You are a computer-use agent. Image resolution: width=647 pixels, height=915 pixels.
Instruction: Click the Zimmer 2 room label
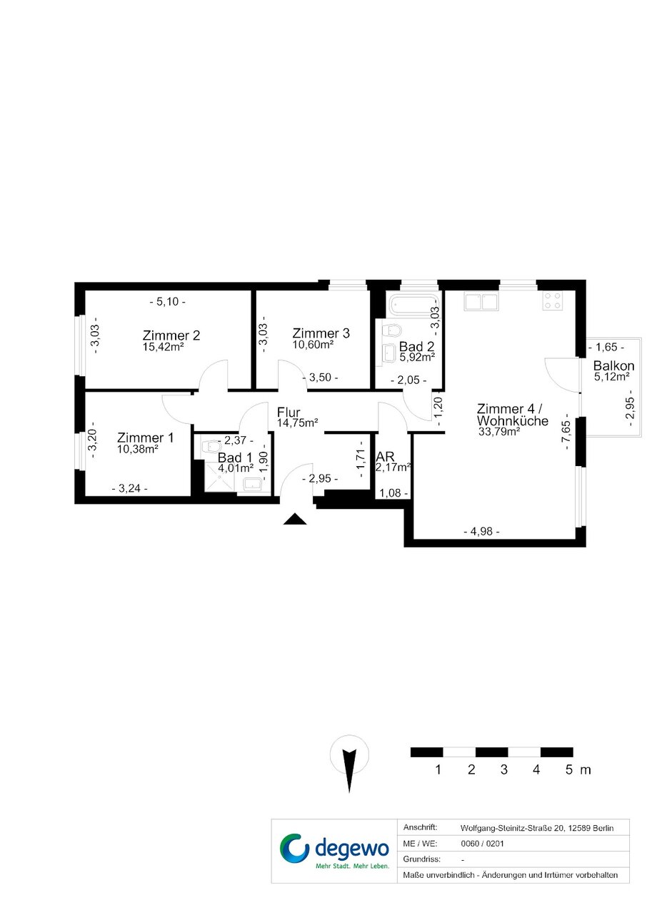click(x=171, y=335)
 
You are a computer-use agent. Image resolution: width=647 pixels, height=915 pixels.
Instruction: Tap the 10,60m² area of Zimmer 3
click(x=313, y=345)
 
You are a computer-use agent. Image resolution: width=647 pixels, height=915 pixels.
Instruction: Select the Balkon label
click(x=613, y=365)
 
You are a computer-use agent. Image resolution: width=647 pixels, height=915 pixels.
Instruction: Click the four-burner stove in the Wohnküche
click(x=552, y=300)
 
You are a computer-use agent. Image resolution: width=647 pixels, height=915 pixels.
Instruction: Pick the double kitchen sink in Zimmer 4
click(x=481, y=301)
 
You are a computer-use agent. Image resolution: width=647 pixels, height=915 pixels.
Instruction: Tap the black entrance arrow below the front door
click(x=295, y=519)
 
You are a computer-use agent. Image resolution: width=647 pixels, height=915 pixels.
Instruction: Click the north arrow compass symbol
click(x=349, y=763)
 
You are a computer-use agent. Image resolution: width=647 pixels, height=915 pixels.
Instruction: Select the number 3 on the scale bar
click(x=504, y=769)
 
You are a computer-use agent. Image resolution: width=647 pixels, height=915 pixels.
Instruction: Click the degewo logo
click(x=334, y=851)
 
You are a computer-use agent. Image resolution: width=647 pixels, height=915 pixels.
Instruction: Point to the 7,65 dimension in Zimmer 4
click(x=566, y=435)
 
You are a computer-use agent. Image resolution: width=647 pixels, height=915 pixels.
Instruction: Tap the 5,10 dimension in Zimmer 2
click(x=168, y=302)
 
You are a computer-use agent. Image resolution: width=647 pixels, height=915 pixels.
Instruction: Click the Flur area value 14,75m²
click(x=297, y=423)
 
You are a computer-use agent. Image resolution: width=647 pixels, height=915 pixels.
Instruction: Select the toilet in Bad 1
click(x=212, y=446)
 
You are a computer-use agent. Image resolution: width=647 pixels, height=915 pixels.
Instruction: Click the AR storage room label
click(x=385, y=456)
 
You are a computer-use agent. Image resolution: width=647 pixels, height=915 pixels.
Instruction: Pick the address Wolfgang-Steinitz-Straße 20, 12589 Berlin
click(x=536, y=829)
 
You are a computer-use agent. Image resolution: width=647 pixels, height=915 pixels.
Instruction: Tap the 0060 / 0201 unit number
click(x=482, y=844)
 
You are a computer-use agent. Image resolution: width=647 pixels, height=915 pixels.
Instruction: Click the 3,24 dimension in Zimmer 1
click(x=129, y=488)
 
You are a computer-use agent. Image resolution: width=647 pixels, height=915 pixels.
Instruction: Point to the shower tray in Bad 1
click(x=219, y=477)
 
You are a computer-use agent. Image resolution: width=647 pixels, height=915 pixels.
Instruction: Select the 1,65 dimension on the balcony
click(x=606, y=347)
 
